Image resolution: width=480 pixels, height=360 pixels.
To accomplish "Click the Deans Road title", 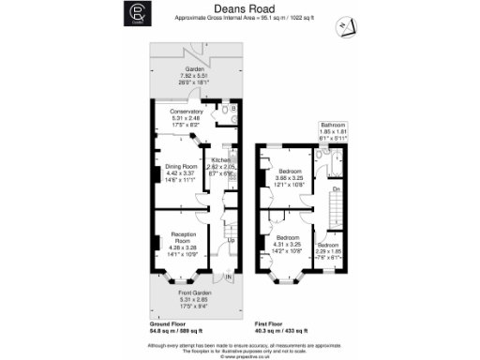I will pos(239,7).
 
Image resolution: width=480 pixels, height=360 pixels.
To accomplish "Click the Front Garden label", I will pos(195,299).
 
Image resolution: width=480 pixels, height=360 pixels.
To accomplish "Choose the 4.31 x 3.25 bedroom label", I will pos(288,242).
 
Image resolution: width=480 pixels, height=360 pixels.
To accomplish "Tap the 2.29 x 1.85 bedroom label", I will pos(329,247).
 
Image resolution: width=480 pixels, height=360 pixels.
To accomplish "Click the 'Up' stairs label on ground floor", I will pos(231,241).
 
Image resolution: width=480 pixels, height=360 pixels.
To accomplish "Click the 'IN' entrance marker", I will pos(228,277).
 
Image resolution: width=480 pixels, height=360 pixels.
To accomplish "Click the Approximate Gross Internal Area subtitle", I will pos(239,18).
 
